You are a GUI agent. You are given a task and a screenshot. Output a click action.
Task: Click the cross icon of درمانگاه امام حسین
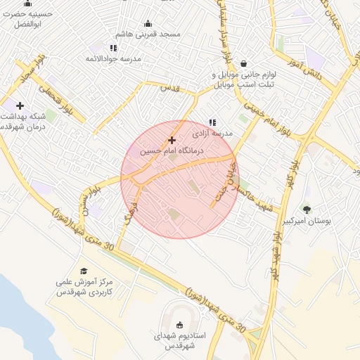172,140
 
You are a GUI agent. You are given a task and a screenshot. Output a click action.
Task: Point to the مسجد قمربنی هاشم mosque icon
148,23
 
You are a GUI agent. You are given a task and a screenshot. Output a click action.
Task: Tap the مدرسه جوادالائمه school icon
94,48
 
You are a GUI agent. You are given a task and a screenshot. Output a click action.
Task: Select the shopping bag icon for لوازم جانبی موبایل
243,63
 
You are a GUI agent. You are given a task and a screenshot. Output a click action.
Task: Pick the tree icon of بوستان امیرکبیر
306,209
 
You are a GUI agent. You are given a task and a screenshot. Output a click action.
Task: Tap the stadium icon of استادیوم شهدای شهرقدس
180,324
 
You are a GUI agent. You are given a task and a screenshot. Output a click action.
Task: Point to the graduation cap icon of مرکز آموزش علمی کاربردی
84,271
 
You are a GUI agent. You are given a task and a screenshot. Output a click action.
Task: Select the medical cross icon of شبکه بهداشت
20,105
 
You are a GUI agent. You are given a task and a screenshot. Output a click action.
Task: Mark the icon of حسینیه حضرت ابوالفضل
28,3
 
